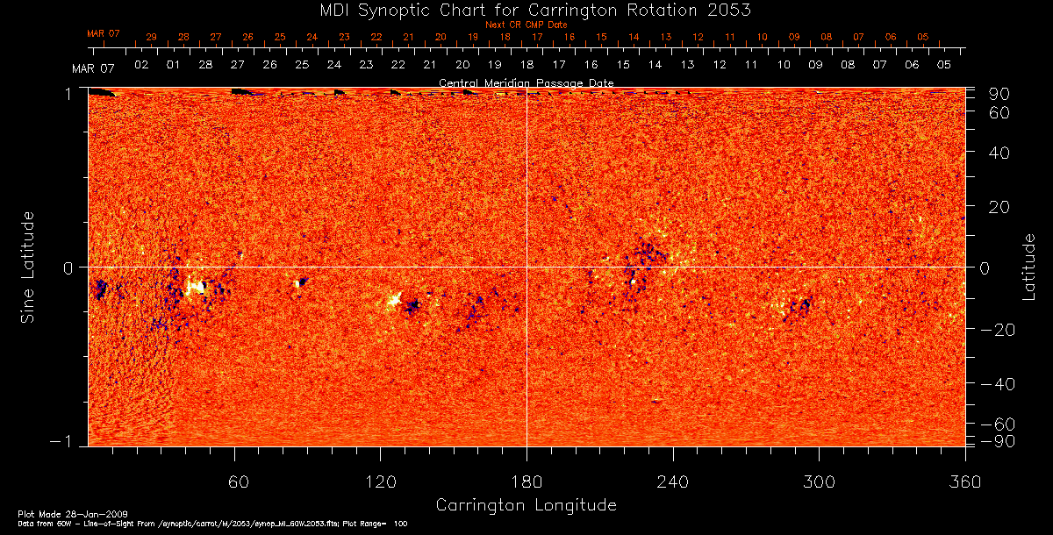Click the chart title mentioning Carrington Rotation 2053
526,10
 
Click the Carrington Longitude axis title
526,505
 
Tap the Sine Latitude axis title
29,266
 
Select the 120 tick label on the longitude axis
380,481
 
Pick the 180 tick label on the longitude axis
526,481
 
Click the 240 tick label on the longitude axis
673,481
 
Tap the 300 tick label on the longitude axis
819,481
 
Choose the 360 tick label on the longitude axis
965,481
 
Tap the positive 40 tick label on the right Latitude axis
1001,153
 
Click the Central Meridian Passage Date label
526,82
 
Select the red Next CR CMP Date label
526,25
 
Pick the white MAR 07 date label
93,68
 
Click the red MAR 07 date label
103,33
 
